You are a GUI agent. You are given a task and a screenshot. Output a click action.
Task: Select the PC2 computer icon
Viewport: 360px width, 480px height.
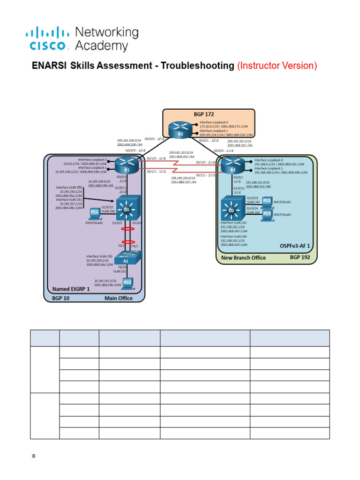pos(127,282)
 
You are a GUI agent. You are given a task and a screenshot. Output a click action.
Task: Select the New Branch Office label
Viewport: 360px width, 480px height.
pos(243,258)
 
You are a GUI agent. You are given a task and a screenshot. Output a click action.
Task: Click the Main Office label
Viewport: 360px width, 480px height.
pos(119,298)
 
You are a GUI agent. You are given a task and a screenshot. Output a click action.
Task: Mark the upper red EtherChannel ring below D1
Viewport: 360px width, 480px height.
pos(126,230)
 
